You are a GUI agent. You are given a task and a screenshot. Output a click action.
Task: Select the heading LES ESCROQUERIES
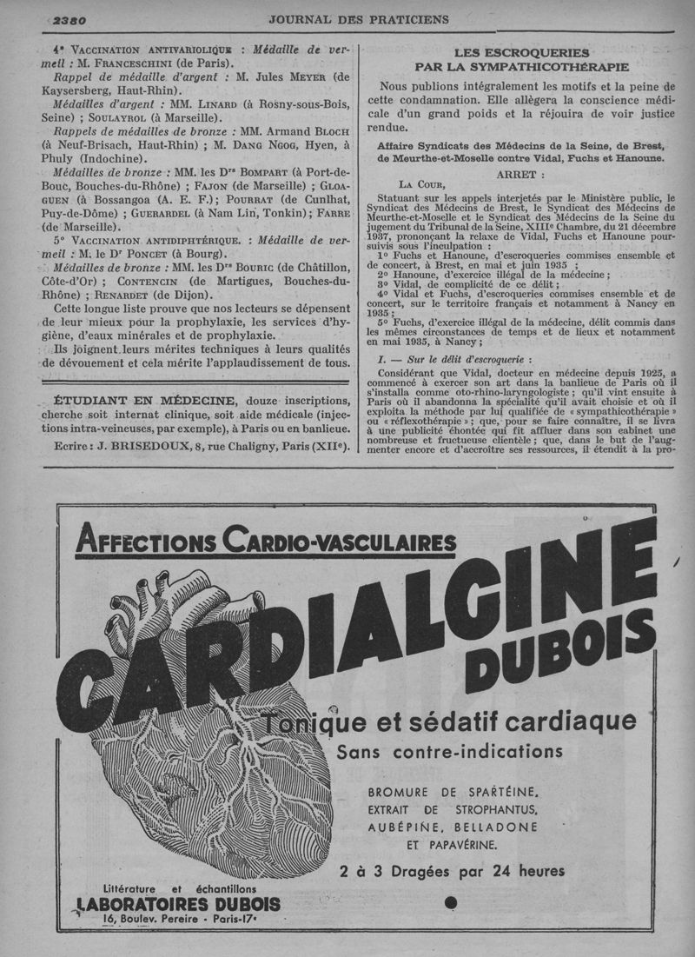521,52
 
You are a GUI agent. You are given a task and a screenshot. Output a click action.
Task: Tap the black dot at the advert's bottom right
450,902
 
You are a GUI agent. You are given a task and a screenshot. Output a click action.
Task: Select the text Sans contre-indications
449,750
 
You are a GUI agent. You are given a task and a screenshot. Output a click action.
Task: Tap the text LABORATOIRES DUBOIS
179,904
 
